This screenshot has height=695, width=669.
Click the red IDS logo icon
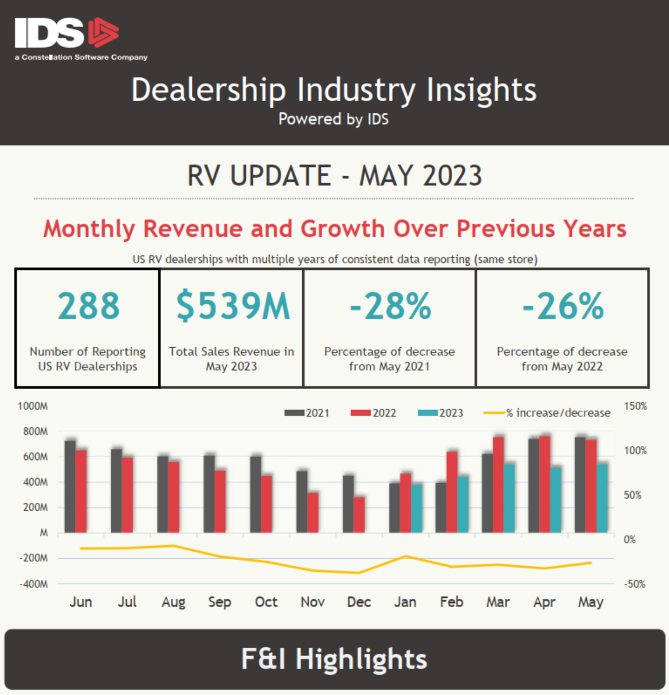click(x=103, y=33)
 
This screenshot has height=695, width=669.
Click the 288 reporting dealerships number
click(x=88, y=306)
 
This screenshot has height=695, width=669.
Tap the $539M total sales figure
click(x=232, y=306)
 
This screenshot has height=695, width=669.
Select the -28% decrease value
click(x=390, y=306)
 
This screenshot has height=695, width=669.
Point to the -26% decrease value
click(x=563, y=306)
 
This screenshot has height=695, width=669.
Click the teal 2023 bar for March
click(x=509, y=498)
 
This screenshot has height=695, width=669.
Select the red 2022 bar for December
click(x=359, y=515)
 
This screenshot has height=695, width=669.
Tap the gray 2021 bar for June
click(x=70, y=486)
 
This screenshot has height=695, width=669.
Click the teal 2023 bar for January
click(x=417, y=508)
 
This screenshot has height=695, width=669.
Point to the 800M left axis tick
click(x=35, y=432)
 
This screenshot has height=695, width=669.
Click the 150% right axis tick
click(x=635, y=406)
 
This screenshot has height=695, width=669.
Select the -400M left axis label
click(x=33, y=583)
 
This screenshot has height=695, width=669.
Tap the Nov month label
click(x=312, y=602)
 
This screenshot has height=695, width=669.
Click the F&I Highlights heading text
click(x=334, y=659)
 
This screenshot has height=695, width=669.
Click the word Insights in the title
click(x=481, y=90)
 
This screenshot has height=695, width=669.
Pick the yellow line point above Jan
click(x=406, y=556)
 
